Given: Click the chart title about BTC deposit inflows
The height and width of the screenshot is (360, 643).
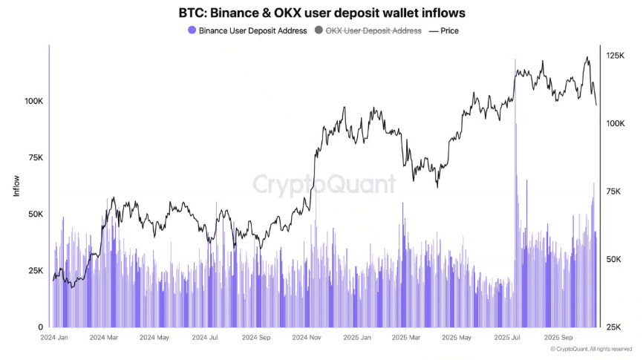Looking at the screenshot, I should tap(321, 13).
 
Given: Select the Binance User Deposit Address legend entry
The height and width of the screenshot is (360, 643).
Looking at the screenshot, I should tap(252, 30).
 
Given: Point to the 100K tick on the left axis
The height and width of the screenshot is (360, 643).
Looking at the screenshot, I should tap(35, 100).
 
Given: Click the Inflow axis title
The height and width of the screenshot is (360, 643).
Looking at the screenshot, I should tap(16, 186).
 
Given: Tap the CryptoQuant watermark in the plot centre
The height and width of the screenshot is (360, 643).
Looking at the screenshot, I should tap(324, 184).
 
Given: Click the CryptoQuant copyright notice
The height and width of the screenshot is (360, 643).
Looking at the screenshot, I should tap(591, 349).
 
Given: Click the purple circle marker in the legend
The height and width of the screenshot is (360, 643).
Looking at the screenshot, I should tap(192, 30).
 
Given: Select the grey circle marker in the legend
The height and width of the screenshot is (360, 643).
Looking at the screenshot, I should tap(319, 30).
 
